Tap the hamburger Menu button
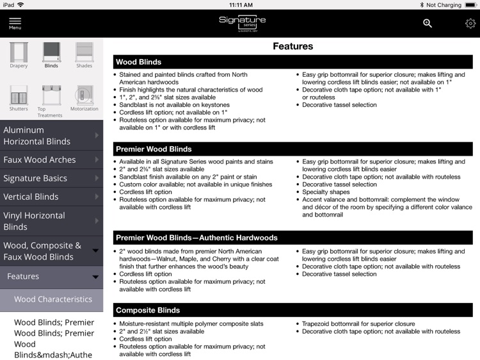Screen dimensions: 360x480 [15, 23]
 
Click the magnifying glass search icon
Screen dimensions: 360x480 [428, 24]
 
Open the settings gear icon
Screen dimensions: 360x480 [470, 24]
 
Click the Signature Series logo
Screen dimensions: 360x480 [242, 23]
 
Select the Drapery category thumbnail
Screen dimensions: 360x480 [19, 54]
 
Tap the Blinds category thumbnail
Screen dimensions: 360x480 [51, 54]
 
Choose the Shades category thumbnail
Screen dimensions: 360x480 [84, 54]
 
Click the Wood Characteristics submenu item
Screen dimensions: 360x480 [53, 299]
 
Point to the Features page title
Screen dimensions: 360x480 [293, 46]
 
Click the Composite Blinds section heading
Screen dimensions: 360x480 [148, 310]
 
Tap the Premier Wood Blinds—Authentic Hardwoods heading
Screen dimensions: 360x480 [196, 238]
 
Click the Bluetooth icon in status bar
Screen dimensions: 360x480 [422, 4]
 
